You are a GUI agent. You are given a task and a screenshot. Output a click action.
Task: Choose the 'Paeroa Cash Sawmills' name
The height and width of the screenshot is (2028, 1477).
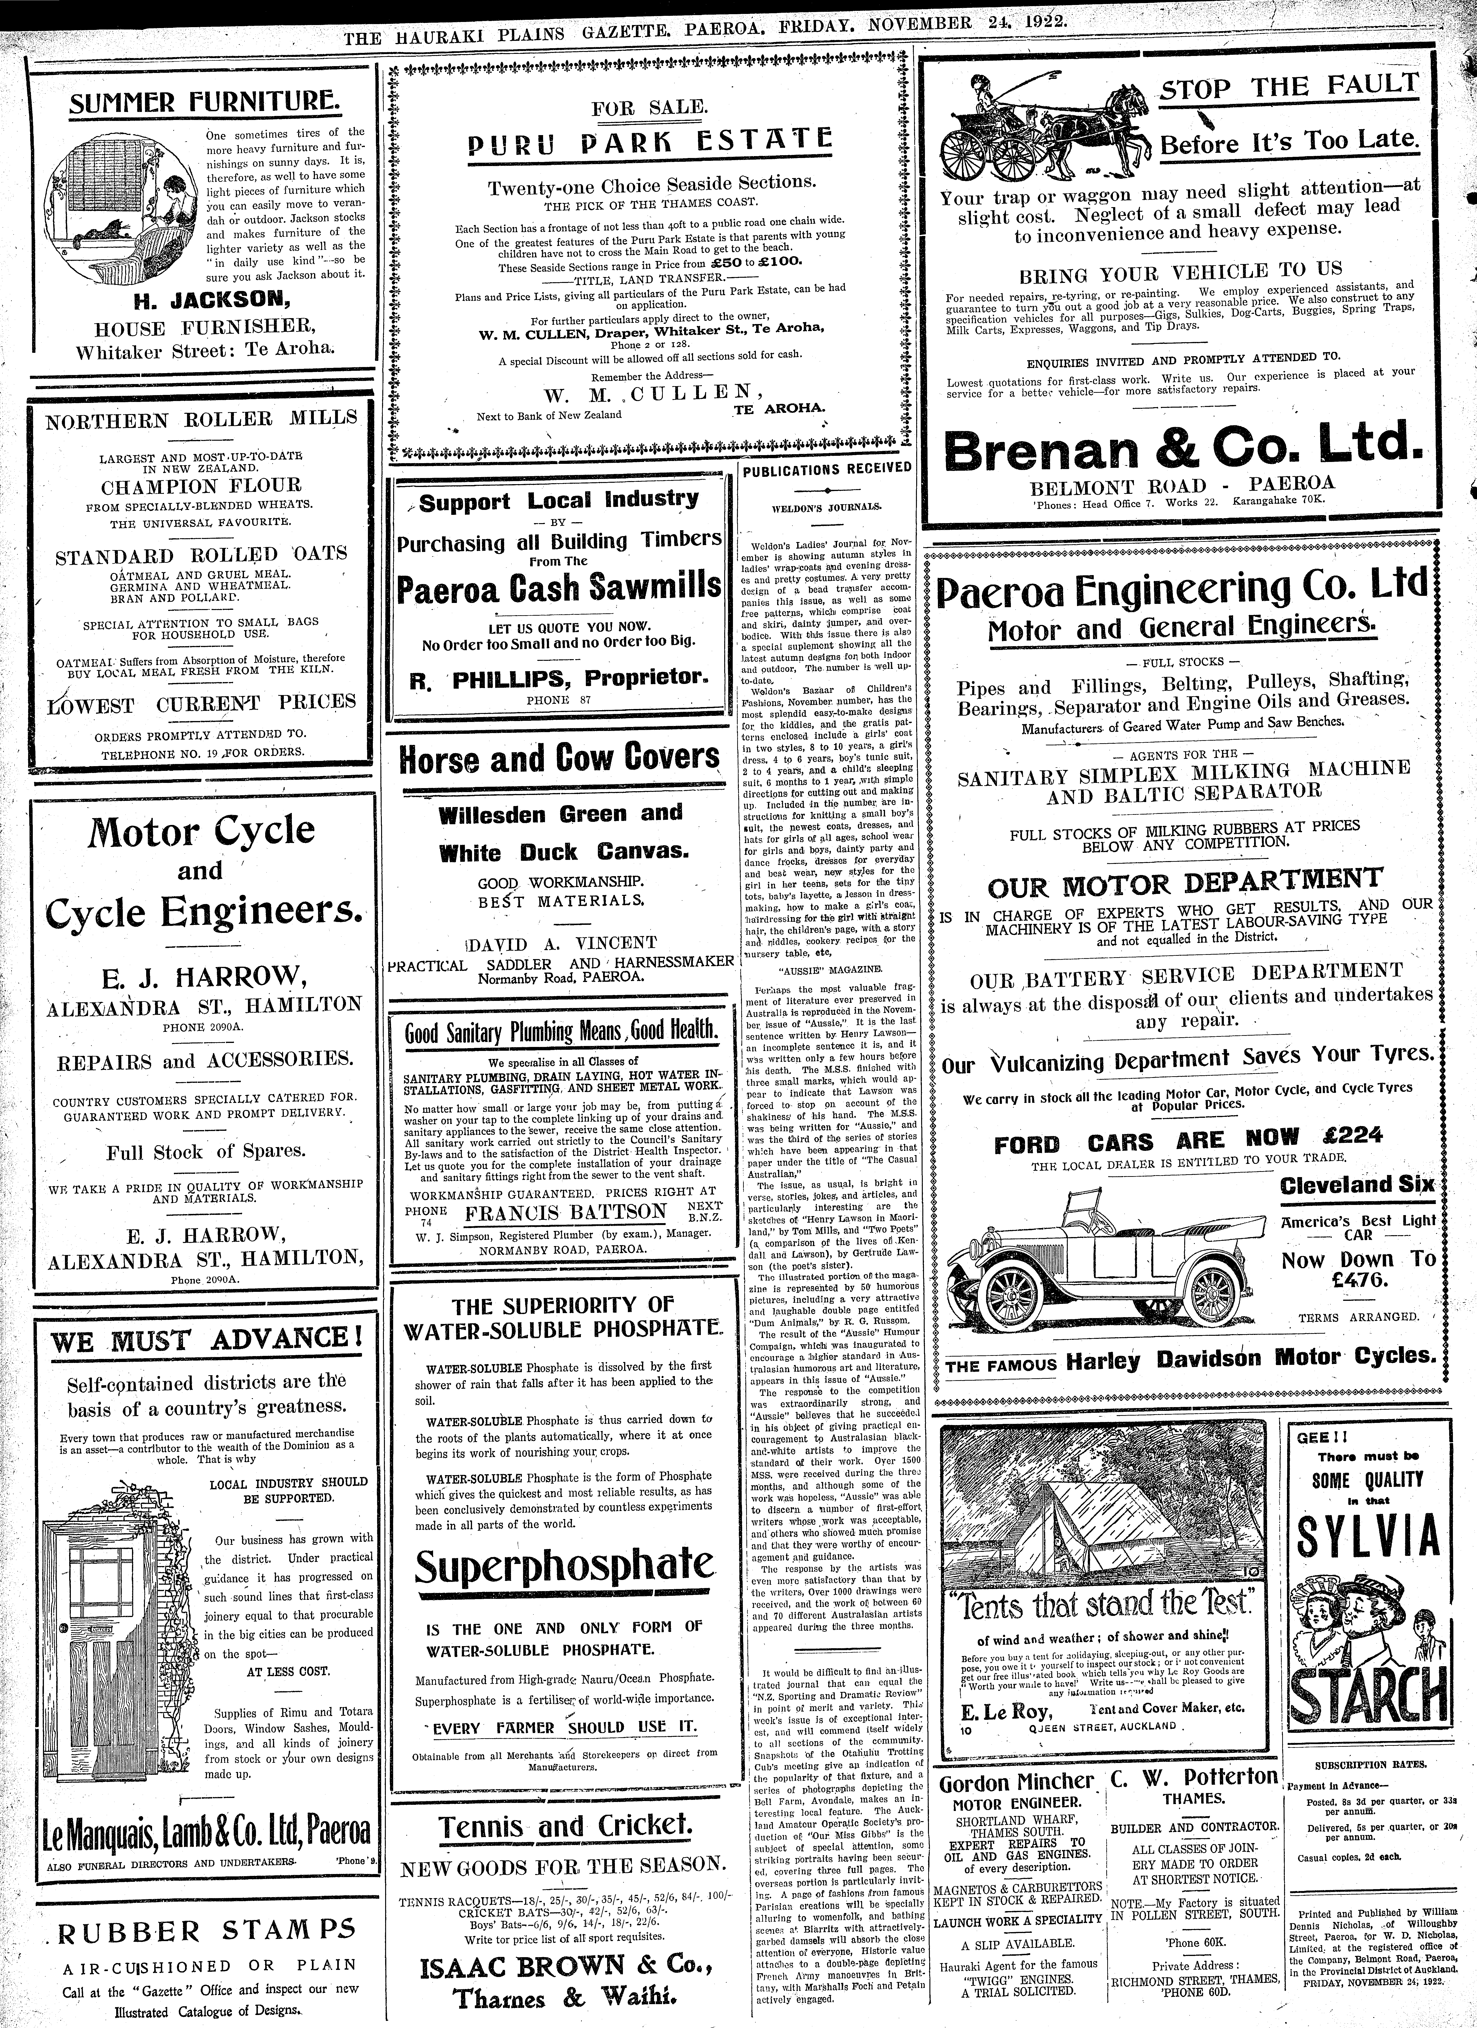(x=559, y=587)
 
